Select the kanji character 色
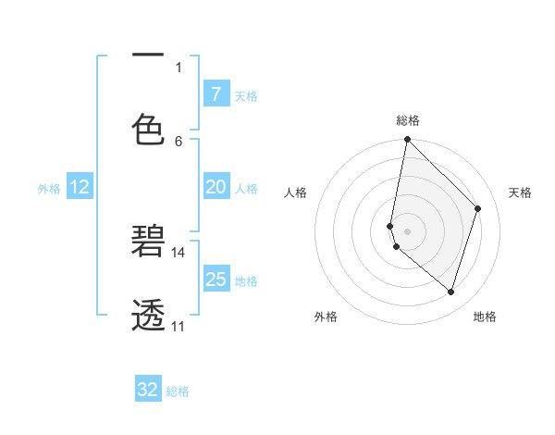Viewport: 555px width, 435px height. click(148, 129)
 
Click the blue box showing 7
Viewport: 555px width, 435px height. click(216, 93)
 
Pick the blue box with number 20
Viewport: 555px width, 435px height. click(216, 187)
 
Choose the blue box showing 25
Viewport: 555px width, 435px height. click(216, 280)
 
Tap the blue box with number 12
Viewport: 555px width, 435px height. click(80, 187)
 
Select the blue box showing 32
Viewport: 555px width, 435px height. click(148, 390)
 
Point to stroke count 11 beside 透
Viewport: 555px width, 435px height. click(179, 326)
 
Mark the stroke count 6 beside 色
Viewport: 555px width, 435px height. click(179, 141)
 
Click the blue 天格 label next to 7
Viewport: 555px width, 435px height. click(246, 95)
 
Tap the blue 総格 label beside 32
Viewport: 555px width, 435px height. click(179, 391)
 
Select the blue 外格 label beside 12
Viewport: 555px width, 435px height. click(49, 189)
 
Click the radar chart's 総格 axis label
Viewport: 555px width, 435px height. click(408, 120)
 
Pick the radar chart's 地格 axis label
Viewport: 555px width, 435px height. click(485, 317)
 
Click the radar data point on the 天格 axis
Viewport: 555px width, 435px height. click(478, 208)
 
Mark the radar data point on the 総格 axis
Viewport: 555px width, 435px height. click(407, 139)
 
